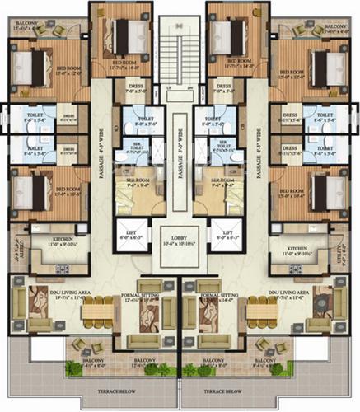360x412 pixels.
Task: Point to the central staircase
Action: tap(180, 49)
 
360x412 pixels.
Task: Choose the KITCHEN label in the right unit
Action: tap(297, 246)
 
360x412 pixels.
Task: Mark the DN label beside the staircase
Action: tap(190, 87)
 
